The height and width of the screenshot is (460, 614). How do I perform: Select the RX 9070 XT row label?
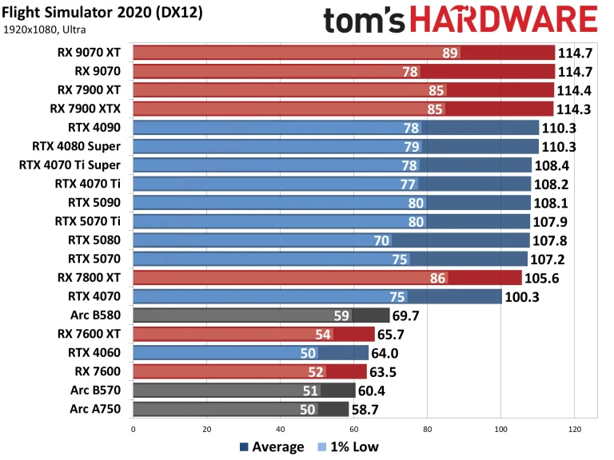click(85, 53)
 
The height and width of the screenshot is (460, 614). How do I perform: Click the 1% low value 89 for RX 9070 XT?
click(450, 53)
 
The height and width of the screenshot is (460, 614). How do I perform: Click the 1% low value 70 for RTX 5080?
click(381, 240)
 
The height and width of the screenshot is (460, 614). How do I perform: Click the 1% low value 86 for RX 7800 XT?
click(437, 277)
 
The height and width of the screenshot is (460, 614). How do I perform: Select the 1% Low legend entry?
click(349, 447)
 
